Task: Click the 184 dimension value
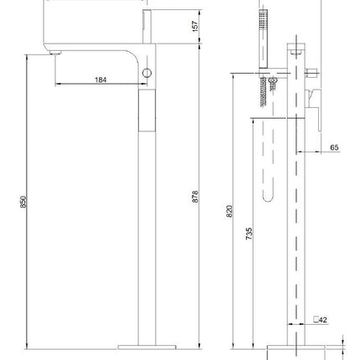tap(100, 80)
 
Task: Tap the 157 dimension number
tap(196, 26)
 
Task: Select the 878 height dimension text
tap(195, 197)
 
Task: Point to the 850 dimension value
tap(23, 202)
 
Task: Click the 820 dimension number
tap(229, 211)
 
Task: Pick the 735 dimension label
tap(249, 234)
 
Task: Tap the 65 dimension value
tap(334, 147)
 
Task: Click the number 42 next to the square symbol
tap(322, 320)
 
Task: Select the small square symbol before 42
tap(316, 319)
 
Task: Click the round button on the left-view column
tap(147, 73)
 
